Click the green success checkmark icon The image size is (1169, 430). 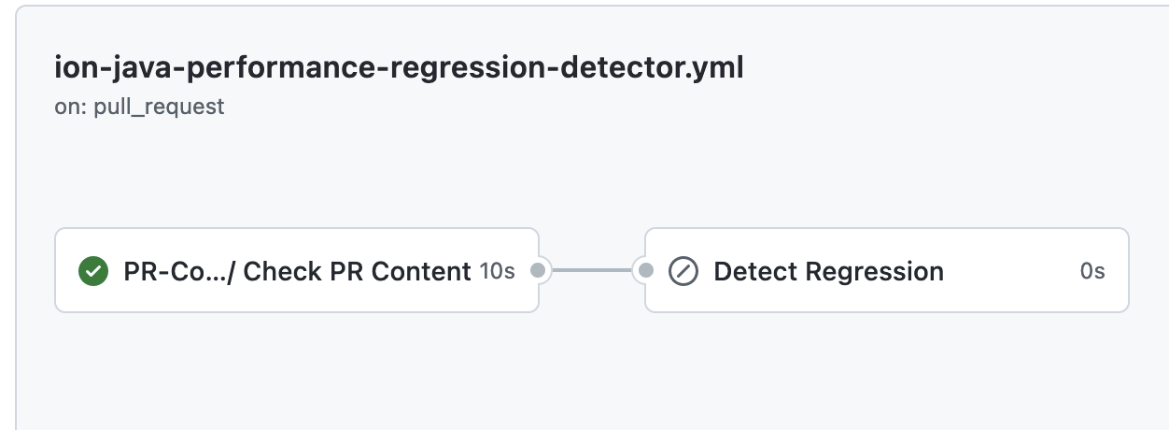(x=92, y=272)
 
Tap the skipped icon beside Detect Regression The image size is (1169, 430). (x=683, y=272)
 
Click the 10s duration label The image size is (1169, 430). (x=497, y=272)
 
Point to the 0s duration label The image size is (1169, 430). (x=1092, y=272)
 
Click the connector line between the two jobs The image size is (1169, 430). (x=591, y=271)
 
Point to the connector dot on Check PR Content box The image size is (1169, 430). (x=538, y=271)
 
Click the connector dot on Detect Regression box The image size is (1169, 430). (x=646, y=271)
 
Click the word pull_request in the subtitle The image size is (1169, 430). (x=159, y=107)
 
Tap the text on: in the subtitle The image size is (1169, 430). (x=71, y=107)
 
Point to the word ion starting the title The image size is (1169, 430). (x=71, y=68)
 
